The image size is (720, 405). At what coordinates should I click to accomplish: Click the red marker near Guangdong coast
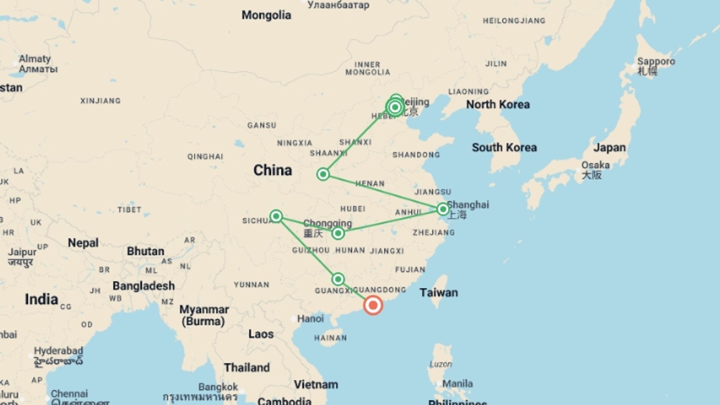tap(373, 305)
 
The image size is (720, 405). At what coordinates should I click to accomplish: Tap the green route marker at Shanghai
tap(443, 209)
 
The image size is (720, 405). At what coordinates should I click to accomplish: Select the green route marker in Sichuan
tap(276, 216)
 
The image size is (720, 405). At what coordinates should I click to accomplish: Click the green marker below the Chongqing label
tap(338, 234)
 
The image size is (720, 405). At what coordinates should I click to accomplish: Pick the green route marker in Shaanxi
tap(323, 174)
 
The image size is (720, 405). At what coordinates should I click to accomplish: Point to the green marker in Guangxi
tap(338, 279)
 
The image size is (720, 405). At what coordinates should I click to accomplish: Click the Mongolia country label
tap(266, 15)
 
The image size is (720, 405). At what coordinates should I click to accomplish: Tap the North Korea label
tap(498, 105)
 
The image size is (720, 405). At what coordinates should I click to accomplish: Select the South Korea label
tap(504, 148)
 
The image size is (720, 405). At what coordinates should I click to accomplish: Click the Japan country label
tap(609, 148)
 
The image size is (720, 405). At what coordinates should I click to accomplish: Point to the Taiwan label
tap(438, 292)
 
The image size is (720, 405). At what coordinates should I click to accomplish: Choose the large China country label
tap(273, 170)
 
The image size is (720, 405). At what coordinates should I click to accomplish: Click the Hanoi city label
tap(310, 319)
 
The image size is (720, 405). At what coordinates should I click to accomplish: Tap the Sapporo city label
tap(656, 61)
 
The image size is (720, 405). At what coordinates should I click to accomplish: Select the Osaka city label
tap(595, 165)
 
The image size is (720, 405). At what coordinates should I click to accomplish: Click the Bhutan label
tap(145, 251)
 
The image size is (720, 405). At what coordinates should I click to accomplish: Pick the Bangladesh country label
tap(144, 286)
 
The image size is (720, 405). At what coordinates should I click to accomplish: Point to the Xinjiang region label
tap(100, 101)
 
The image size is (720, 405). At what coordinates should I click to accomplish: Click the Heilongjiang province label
tap(514, 21)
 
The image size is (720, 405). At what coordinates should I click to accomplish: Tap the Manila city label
tap(457, 384)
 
